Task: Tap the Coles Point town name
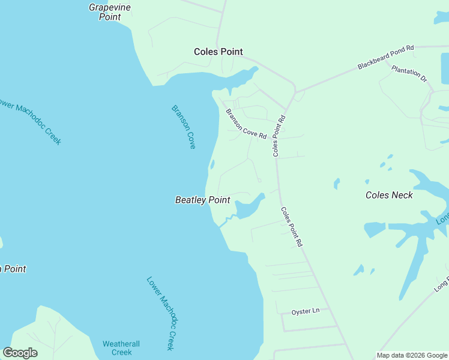[218, 52]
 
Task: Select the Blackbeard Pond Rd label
[385, 57]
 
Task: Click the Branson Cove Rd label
[246, 124]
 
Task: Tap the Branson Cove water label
[184, 127]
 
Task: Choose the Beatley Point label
[202, 200]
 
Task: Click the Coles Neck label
[389, 195]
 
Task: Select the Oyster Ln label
[306, 311]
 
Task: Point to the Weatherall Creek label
[121, 348]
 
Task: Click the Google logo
[20, 353]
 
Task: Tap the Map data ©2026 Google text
[412, 355]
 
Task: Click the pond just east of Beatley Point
[249, 207]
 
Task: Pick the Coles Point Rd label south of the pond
[291, 227]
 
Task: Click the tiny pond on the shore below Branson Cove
[212, 164]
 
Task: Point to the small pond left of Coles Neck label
[336, 183]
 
